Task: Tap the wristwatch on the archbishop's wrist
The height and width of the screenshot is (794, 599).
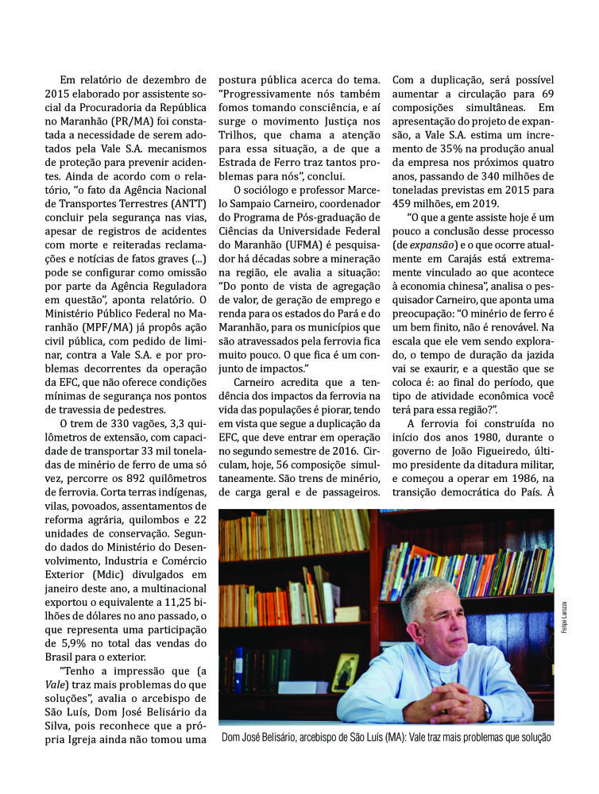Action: click(485, 708)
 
